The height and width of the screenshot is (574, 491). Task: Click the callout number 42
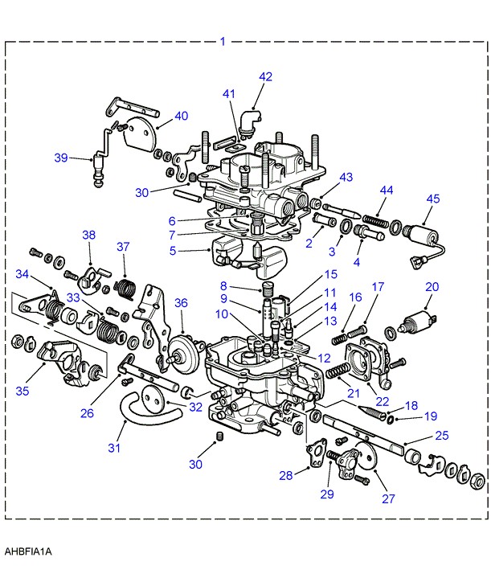(266, 76)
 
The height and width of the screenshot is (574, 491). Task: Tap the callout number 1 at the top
(223, 42)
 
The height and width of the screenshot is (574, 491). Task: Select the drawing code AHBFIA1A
(28, 551)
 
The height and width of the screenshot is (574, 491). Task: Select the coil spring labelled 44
(375, 222)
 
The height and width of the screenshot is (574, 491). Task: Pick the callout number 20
(432, 287)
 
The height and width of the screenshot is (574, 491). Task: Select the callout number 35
(22, 391)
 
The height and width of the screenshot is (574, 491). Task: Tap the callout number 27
(389, 498)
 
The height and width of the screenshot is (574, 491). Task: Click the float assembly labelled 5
(248, 258)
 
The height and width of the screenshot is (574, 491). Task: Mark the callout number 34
(22, 274)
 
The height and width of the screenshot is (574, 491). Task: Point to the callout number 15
(331, 274)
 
